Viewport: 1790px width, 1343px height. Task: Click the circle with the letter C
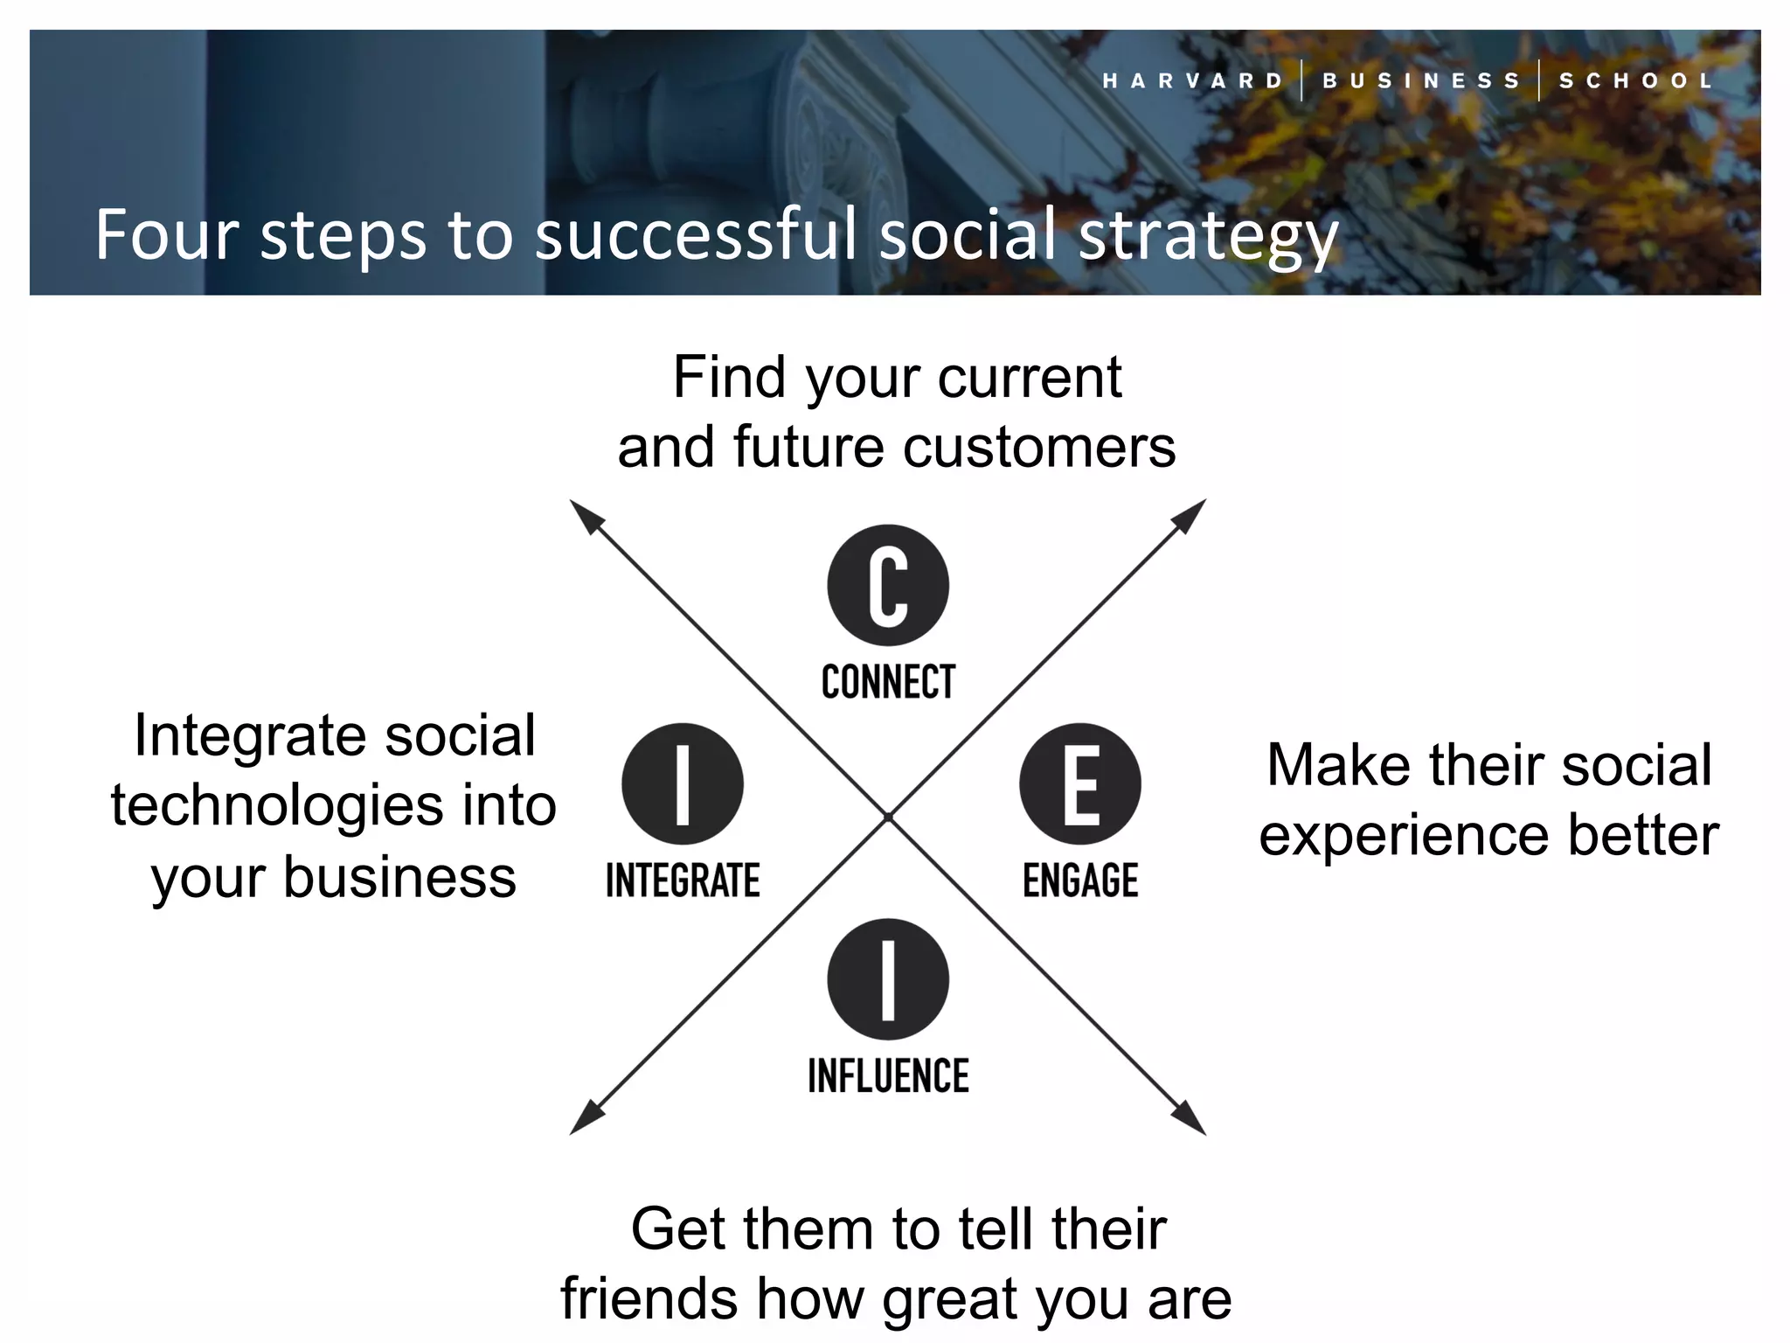click(888, 585)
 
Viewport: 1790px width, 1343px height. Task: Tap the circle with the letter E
click(1080, 783)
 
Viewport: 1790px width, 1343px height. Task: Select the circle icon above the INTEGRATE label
click(683, 783)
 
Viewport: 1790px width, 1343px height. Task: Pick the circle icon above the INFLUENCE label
click(888, 979)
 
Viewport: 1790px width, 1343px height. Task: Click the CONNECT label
click(888, 682)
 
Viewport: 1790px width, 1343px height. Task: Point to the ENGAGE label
click(1080, 880)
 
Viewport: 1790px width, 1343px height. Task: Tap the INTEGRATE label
click(683, 880)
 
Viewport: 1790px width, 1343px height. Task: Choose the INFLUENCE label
click(888, 1076)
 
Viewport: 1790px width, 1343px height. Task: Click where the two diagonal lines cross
click(888, 817)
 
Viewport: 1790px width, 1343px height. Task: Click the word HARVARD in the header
click(1193, 81)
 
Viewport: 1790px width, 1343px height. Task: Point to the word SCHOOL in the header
click(1636, 81)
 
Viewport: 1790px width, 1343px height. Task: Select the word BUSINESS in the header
click(1421, 81)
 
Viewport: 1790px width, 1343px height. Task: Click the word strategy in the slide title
click(1208, 236)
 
